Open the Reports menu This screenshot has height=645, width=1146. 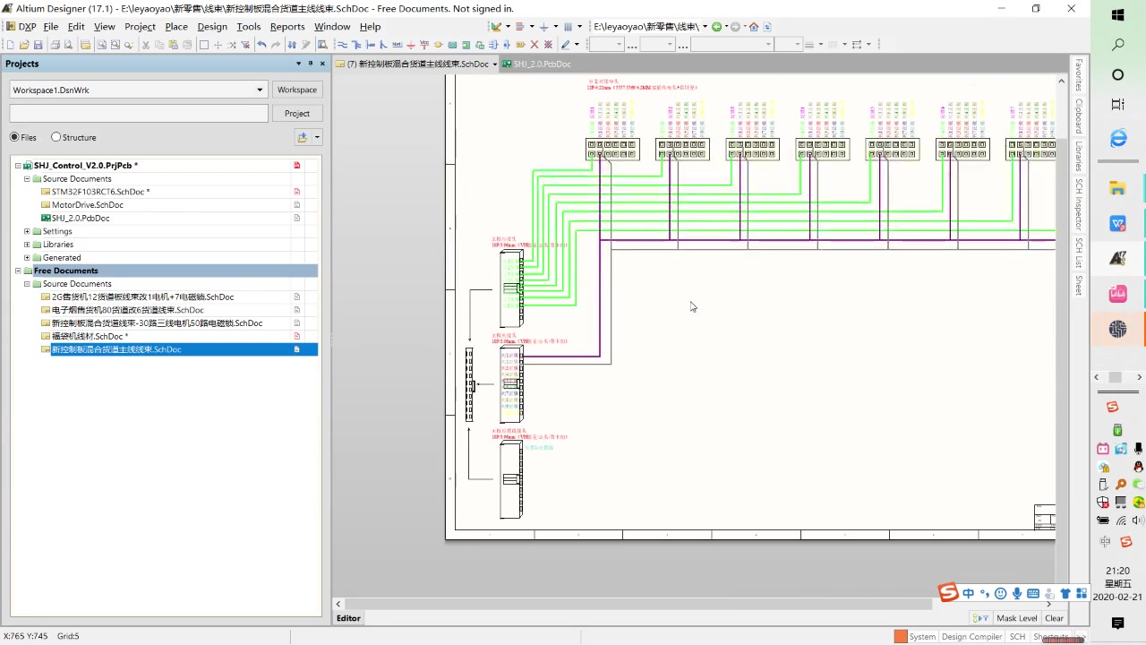point(287,26)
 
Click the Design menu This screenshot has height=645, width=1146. point(212,26)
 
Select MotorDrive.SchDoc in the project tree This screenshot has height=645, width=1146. point(87,205)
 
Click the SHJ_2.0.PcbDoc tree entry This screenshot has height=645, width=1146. point(81,218)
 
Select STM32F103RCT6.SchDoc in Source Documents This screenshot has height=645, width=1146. point(98,192)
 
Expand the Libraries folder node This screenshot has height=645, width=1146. point(27,245)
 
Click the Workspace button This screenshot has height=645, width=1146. point(296,90)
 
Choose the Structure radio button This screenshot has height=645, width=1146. point(56,137)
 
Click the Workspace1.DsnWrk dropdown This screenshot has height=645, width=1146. point(138,90)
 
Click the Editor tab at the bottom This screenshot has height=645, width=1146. point(348,618)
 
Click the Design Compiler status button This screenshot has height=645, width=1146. point(971,636)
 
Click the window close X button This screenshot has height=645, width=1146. point(1071,8)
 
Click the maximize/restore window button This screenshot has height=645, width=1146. point(1036,8)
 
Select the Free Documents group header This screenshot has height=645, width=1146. point(66,271)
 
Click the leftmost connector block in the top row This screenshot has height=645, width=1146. point(612,148)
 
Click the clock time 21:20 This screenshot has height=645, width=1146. point(1117,571)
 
